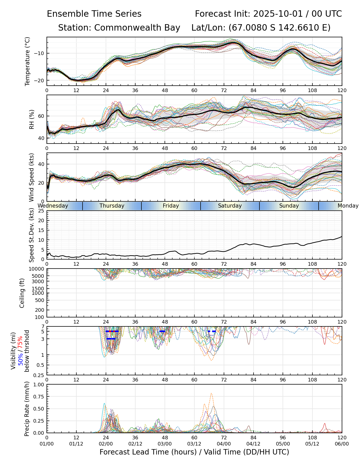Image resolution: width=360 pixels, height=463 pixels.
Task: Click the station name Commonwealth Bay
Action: (x=137, y=28)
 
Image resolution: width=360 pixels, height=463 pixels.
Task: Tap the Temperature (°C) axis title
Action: (x=28, y=61)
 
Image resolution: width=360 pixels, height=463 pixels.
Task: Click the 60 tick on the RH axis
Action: (x=41, y=116)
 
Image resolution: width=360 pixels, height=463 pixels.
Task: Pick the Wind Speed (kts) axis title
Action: (x=31, y=177)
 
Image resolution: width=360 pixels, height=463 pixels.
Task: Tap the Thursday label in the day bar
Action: (x=112, y=206)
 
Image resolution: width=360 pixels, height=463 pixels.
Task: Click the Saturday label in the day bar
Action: (x=230, y=206)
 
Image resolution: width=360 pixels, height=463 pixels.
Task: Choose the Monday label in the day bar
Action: (x=348, y=206)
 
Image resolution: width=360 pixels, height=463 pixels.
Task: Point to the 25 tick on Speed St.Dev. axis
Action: (x=41, y=211)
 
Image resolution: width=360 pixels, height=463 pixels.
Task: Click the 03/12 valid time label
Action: (x=194, y=444)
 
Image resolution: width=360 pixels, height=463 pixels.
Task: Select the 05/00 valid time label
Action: (x=283, y=444)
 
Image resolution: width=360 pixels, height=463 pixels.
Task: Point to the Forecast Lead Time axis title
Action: (x=194, y=452)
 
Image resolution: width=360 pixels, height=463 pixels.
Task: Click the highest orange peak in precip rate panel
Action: (x=211, y=393)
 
